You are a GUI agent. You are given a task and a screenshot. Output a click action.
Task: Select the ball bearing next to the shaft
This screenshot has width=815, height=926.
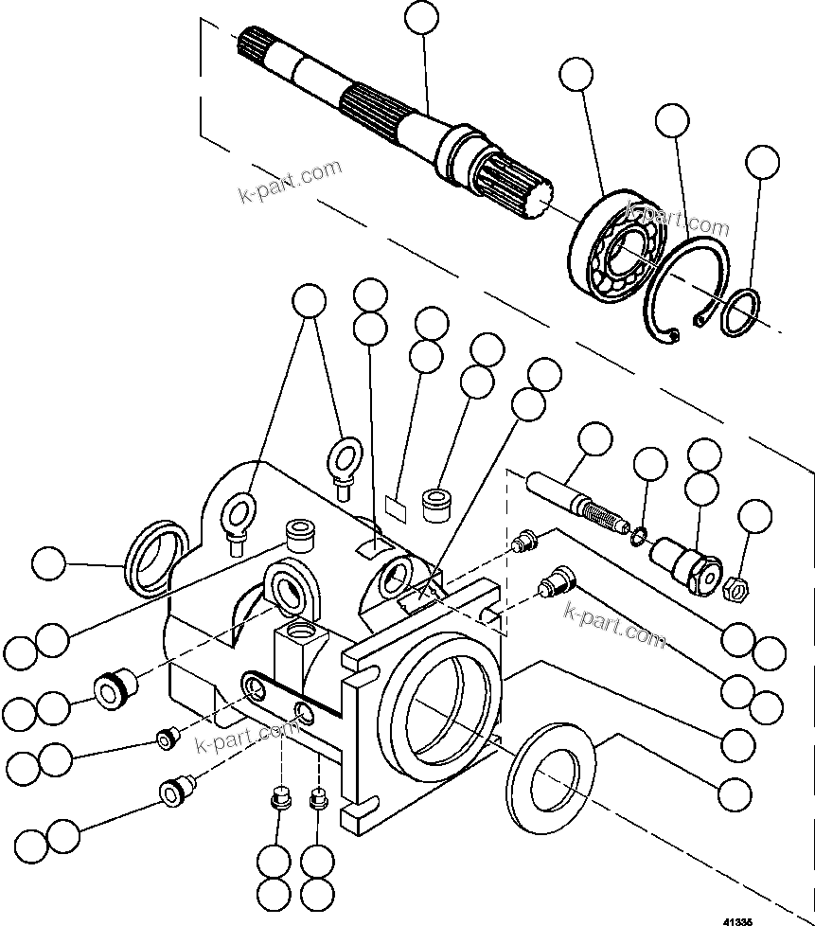click(611, 249)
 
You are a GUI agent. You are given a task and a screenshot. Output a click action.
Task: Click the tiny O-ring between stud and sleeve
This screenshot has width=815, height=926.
click(639, 537)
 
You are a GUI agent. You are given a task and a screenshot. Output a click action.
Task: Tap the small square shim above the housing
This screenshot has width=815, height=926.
click(399, 507)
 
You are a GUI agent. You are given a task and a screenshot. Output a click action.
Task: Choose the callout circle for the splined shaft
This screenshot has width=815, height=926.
click(422, 18)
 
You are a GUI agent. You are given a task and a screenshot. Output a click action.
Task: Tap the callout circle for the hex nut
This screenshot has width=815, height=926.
click(754, 517)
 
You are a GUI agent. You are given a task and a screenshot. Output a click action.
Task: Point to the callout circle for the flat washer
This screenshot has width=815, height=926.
click(735, 790)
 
